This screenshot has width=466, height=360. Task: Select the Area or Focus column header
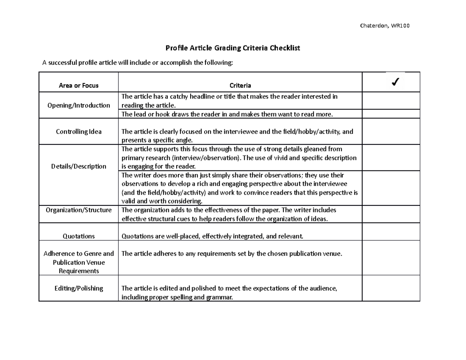[x=78, y=85]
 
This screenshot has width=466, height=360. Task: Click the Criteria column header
[x=240, y=85]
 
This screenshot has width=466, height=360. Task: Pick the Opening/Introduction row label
[x=78, y=105]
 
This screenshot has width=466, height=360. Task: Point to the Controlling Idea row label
[x=78, y=132]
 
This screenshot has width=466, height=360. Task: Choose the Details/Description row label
[x=78, y=166]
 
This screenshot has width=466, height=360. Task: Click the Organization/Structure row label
[x=78, y=210]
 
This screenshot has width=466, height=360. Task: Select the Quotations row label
[x=78, y=236]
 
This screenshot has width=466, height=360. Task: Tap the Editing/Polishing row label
[x=78, y=288]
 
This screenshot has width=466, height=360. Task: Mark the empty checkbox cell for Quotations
[x=391, y=231]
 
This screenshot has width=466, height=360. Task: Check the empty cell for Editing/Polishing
[x=391, y=288]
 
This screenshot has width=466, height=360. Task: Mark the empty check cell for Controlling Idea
[x=391, y=132]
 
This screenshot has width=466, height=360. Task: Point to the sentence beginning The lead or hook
[x=227, y=114]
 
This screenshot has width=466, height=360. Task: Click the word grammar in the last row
[x=221, y=297]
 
